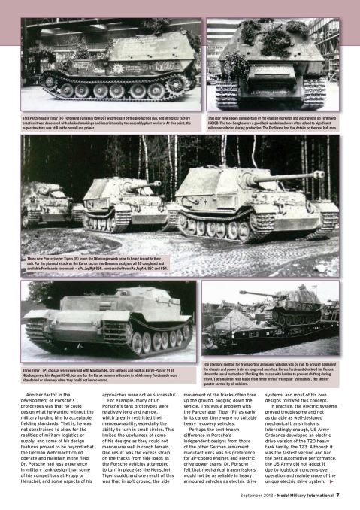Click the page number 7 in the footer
337,495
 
